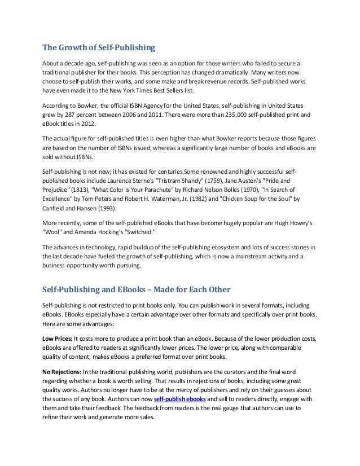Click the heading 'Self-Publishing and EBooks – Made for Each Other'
tap(137, 290)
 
